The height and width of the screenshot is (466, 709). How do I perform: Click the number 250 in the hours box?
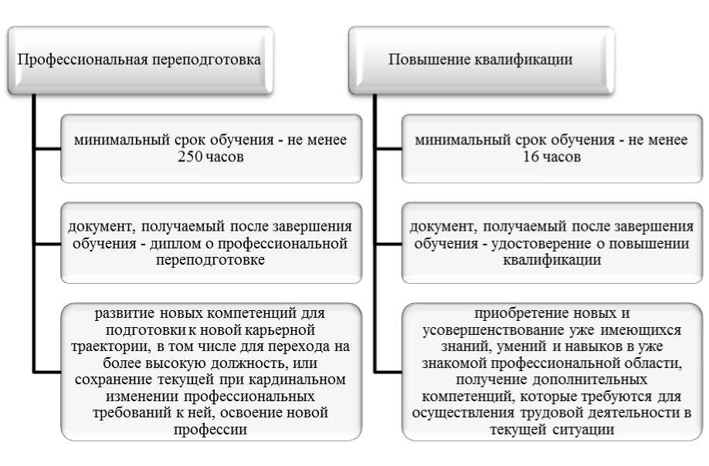186,157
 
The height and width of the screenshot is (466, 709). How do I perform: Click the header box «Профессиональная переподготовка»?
139,59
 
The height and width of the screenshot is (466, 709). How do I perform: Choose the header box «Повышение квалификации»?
480,59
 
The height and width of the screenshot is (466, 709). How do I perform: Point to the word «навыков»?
595,346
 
